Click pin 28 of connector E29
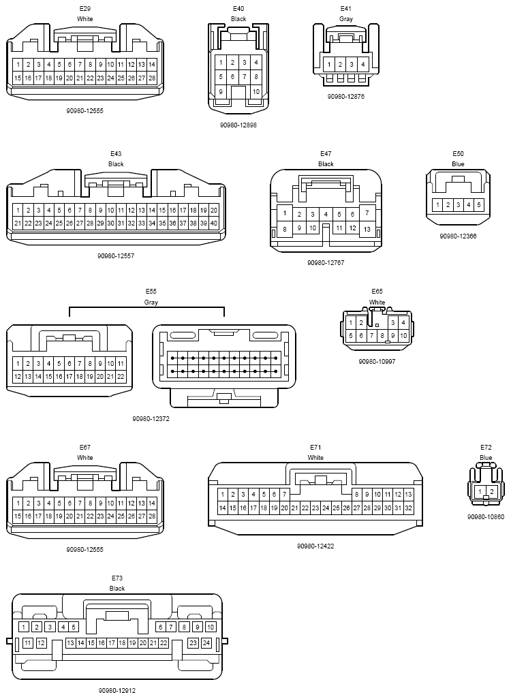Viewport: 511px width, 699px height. click(152, 78)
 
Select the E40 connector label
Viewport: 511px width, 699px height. click(238, 8)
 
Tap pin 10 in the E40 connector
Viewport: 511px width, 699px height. click(256, 91)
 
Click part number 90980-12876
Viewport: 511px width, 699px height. click(346, 96)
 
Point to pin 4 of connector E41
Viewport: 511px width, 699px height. click(363, 65)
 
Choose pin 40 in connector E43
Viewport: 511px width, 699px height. click(214, 223)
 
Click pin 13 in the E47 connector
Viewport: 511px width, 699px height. click(367, 229)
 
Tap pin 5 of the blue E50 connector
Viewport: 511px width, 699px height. click(479, 205)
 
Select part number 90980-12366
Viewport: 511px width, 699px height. click(458, 236)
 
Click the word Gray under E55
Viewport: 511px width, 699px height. click(151, 302)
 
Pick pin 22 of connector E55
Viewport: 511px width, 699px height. click(121, 376)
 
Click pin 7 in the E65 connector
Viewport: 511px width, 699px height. click(372, 336)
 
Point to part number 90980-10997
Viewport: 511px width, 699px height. click(377, 362)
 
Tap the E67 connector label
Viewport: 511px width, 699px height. click(84, 447)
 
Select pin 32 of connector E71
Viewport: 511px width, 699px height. click(408, 508)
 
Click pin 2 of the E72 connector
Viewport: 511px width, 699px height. click(491, 492)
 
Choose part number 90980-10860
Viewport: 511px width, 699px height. click(486, 516)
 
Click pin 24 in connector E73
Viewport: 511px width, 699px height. click(206, 643)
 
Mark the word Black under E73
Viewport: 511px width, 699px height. click(117, 589)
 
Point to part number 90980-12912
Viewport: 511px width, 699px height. click(117, 691)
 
